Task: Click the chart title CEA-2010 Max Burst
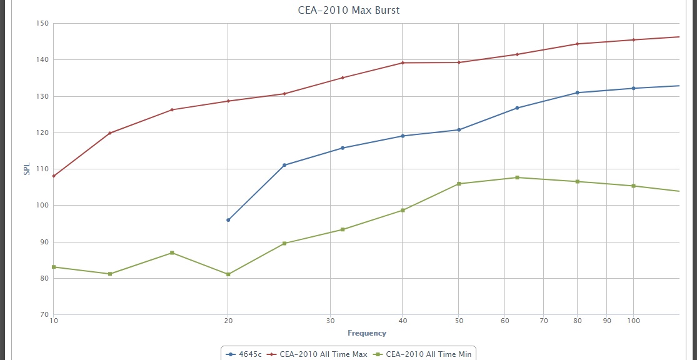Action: pyautogui.click(x=348, y=10)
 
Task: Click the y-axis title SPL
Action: pyautogui.click(x=27, y=169)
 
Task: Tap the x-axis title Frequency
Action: pyautogui.click(x=367, y=333)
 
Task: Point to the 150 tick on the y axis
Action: pyautogui.click(x=43, y=24)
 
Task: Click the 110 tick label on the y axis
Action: pyautogui.click(x=43, y=169)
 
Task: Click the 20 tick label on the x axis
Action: pyautogui.click(x=228, y=321)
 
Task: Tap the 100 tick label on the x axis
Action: pyautogui.click(x=633, y=321)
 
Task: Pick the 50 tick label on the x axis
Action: pyautogui.click(x=459, y=321)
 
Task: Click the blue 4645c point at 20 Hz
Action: pyautogui.click(x=228, y=220)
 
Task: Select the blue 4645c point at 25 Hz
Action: pyautogui.click(x=284, y=165)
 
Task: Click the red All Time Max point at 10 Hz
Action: pyautogui.click(x=54, y=176)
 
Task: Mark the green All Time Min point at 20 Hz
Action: pyautogui.click(x=228, y=274)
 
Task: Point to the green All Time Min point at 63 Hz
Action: pyautogui.click(x=517, y=177)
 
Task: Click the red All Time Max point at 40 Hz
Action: pyautogui.click(x=402, y=62)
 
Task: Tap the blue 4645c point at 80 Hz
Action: pyautogui.click(x=578, y=92)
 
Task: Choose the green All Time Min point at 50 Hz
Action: pyautogui.click(x=459, y=184)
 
